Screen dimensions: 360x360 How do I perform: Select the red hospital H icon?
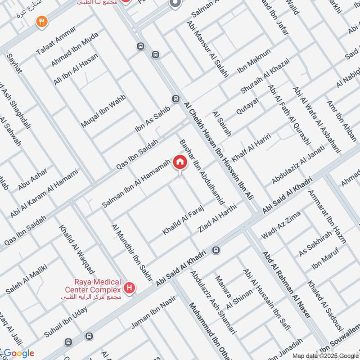pyautogui.click(x=130, y=288)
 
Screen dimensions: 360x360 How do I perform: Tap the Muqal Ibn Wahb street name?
pyautogui.click(x=103, y=111)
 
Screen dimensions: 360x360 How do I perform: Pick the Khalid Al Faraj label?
pyautogui.click(x=183, y=220)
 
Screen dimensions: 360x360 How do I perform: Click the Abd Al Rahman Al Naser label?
pyautogui.click(x=287, y=285)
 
